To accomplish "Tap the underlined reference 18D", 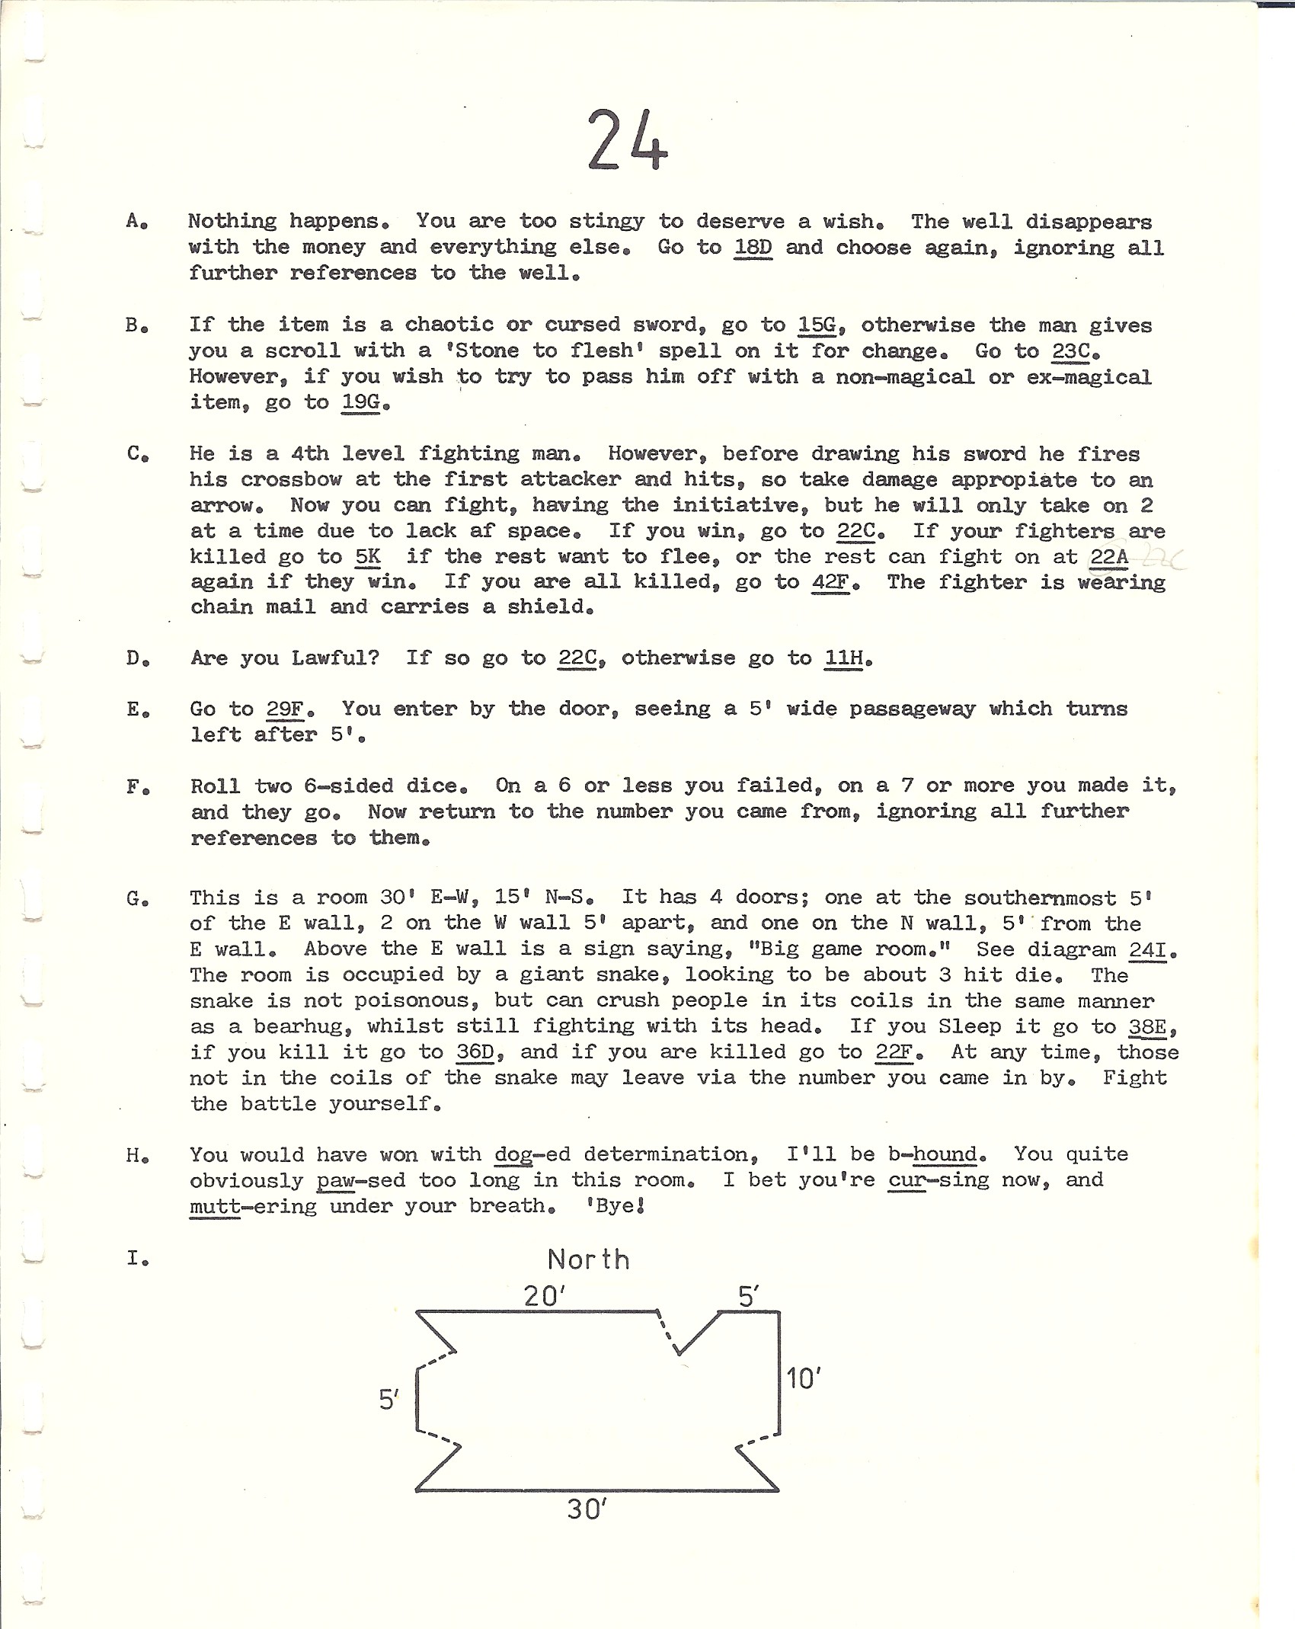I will point(753,248).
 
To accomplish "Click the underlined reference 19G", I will point(361,402).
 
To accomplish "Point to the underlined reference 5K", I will point(368,556).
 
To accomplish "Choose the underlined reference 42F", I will point(830,582).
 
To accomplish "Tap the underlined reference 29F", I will point(286,709).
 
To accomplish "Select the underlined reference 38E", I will point(1147,1026).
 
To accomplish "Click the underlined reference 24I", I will point(1147,950).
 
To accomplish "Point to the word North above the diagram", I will point(588,1260).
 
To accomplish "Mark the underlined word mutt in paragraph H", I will point(215,1206).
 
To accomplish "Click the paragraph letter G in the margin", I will point(136,898).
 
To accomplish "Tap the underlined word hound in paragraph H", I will point(945,1155).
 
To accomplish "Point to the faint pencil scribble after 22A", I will point(1162,558).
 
